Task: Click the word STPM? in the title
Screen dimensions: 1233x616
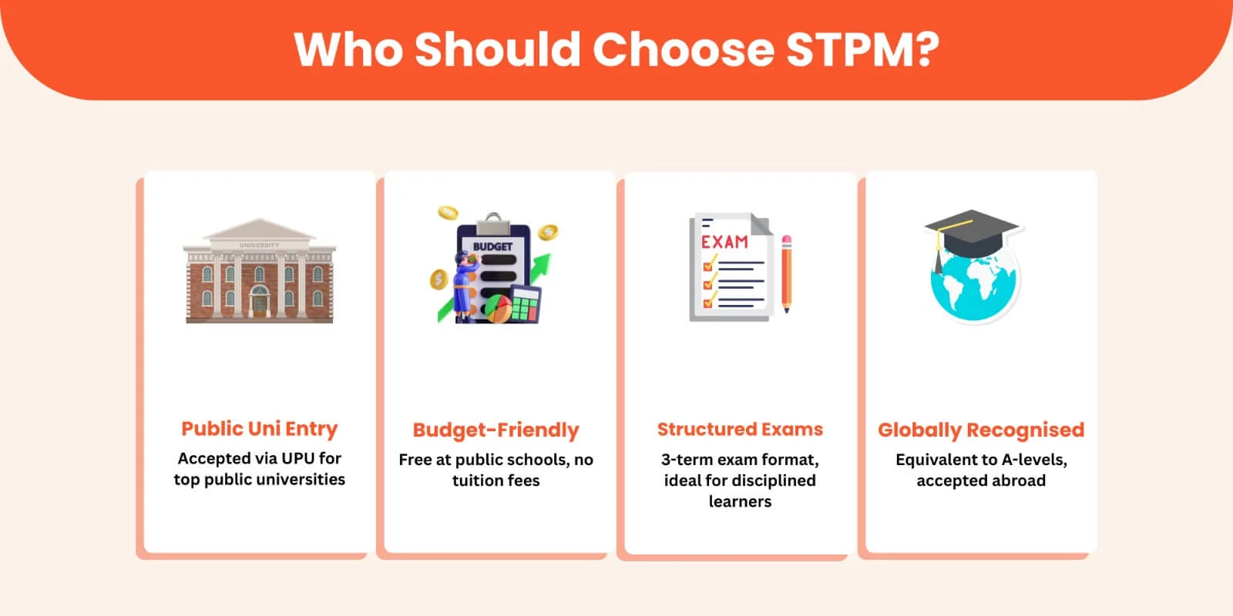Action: (x=862, y=50)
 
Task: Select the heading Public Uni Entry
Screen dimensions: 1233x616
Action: (x=259, y=429)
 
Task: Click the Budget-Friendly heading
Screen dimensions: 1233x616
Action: (x=496, y=430)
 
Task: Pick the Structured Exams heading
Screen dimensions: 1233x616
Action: (x=740, y=429)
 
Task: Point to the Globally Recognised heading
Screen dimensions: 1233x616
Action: (x=981, y=430)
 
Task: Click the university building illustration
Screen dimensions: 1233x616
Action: (x=259, y=270)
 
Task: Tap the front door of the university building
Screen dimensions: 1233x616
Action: (x=259, y=304)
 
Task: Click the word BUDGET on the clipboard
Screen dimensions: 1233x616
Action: (x=492, y=247)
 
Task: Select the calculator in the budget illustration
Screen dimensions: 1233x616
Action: (x=525, y=304)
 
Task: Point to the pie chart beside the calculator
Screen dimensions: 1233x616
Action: (x=498, y=309)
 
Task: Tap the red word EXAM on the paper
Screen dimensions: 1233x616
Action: (x=724, y=242)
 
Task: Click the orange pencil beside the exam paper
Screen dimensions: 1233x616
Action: (x=787, y=274)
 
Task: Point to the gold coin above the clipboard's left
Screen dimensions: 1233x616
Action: (x=448, y=213)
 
